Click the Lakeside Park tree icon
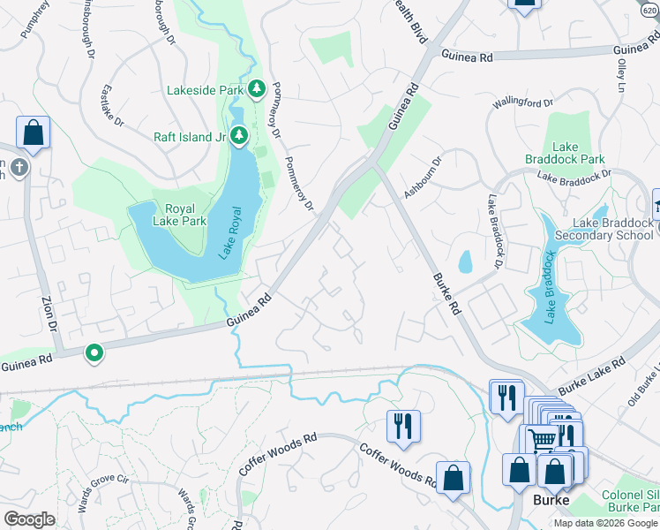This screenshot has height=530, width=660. pos(257,88)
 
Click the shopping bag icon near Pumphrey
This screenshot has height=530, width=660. pos(33,133)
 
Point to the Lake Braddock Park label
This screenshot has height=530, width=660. pos(578,153)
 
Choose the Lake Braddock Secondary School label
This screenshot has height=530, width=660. pos(612,229)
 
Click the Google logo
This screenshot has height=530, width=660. pos(30,519)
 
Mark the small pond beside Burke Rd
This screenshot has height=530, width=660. pos(465,261)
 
